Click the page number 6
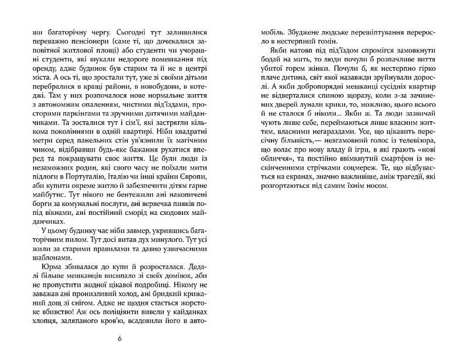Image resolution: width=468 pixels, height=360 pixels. coord(120,338)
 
